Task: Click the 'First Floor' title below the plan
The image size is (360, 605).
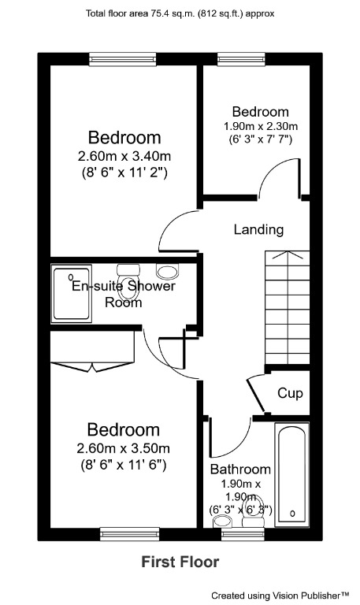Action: pos(180,562)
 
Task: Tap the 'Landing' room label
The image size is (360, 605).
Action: pos(258,230)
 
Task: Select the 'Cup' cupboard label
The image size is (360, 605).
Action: pos(290,393)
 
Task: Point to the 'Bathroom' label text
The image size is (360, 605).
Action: pos(240,470)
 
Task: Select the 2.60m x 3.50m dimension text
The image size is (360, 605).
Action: pos(124,448)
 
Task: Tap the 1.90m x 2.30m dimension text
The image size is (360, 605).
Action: pos(260,126)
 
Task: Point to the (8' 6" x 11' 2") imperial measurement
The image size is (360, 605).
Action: pos(124,171)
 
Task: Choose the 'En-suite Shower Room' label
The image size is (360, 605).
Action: pos(124,294)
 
